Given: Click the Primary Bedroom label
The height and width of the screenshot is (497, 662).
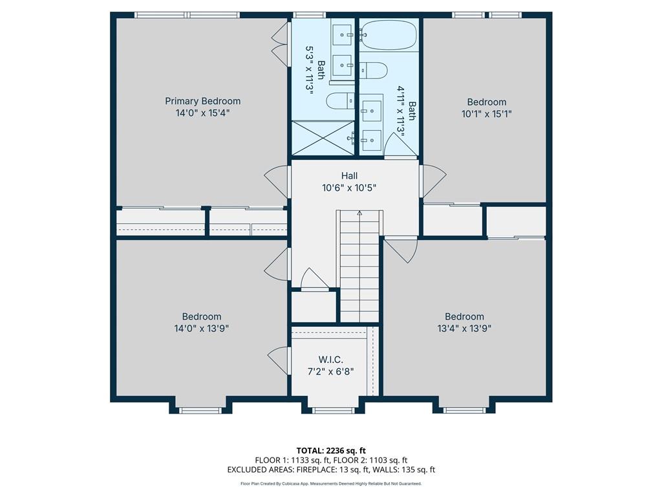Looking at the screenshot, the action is [x=202, y=101].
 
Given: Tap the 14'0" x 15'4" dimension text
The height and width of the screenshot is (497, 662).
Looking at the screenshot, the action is [x=202, y=113].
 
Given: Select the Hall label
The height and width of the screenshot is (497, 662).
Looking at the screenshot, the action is [x=349, y=175].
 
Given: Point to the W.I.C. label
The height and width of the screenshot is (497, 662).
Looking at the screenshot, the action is [x=330, y=360].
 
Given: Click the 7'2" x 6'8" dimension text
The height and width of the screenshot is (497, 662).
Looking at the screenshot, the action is [x=330, y=371].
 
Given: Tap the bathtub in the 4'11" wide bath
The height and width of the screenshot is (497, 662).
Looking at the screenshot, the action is [x=389, y=35].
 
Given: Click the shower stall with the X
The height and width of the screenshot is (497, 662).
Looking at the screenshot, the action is [x=323, y=138].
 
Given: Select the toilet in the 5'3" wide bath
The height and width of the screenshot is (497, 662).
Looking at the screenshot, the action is [x=340, y=100].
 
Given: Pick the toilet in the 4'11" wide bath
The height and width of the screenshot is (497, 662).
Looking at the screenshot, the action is [x=373, y=70].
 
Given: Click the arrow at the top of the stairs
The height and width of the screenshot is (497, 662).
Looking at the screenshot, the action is [x=359, y=214].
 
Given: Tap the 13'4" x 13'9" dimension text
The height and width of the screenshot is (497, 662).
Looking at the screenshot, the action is [x=464, y=328].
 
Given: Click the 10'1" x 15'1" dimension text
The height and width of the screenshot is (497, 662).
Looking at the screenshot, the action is [x=487, y=114].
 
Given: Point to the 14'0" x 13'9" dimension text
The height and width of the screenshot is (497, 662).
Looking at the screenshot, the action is [x=202, y=328].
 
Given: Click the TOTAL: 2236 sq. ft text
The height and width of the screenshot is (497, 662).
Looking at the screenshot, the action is [x=331, y=450].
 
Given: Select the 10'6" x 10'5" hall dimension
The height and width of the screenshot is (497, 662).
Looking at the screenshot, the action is [x=349, y=188].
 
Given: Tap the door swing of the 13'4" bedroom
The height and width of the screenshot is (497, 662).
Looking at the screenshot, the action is [x=401, y=250].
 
